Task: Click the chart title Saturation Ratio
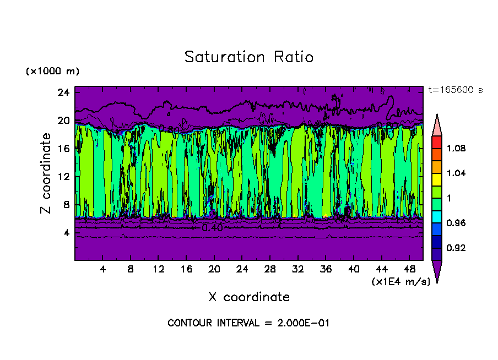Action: (x=249, y=57)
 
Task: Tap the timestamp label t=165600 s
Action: (x=455, y=90)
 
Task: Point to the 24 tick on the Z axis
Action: (x=63, y=92)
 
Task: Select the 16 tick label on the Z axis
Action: (x=63, y=149)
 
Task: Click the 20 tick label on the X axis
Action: (x=214, y=269)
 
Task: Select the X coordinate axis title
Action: (x=249, y=297)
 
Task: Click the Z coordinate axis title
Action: (x=46, y=173)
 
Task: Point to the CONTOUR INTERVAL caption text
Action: (x=248, y=323)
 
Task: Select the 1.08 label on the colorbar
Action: (x=456, y=149)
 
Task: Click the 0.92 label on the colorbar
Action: (x=456, y=248)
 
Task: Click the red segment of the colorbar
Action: (x=436, y=141)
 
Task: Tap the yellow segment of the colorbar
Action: (x=436, y=179)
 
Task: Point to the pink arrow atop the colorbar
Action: (x=436, y=124)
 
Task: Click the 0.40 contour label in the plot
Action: (x=212, y=227)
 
